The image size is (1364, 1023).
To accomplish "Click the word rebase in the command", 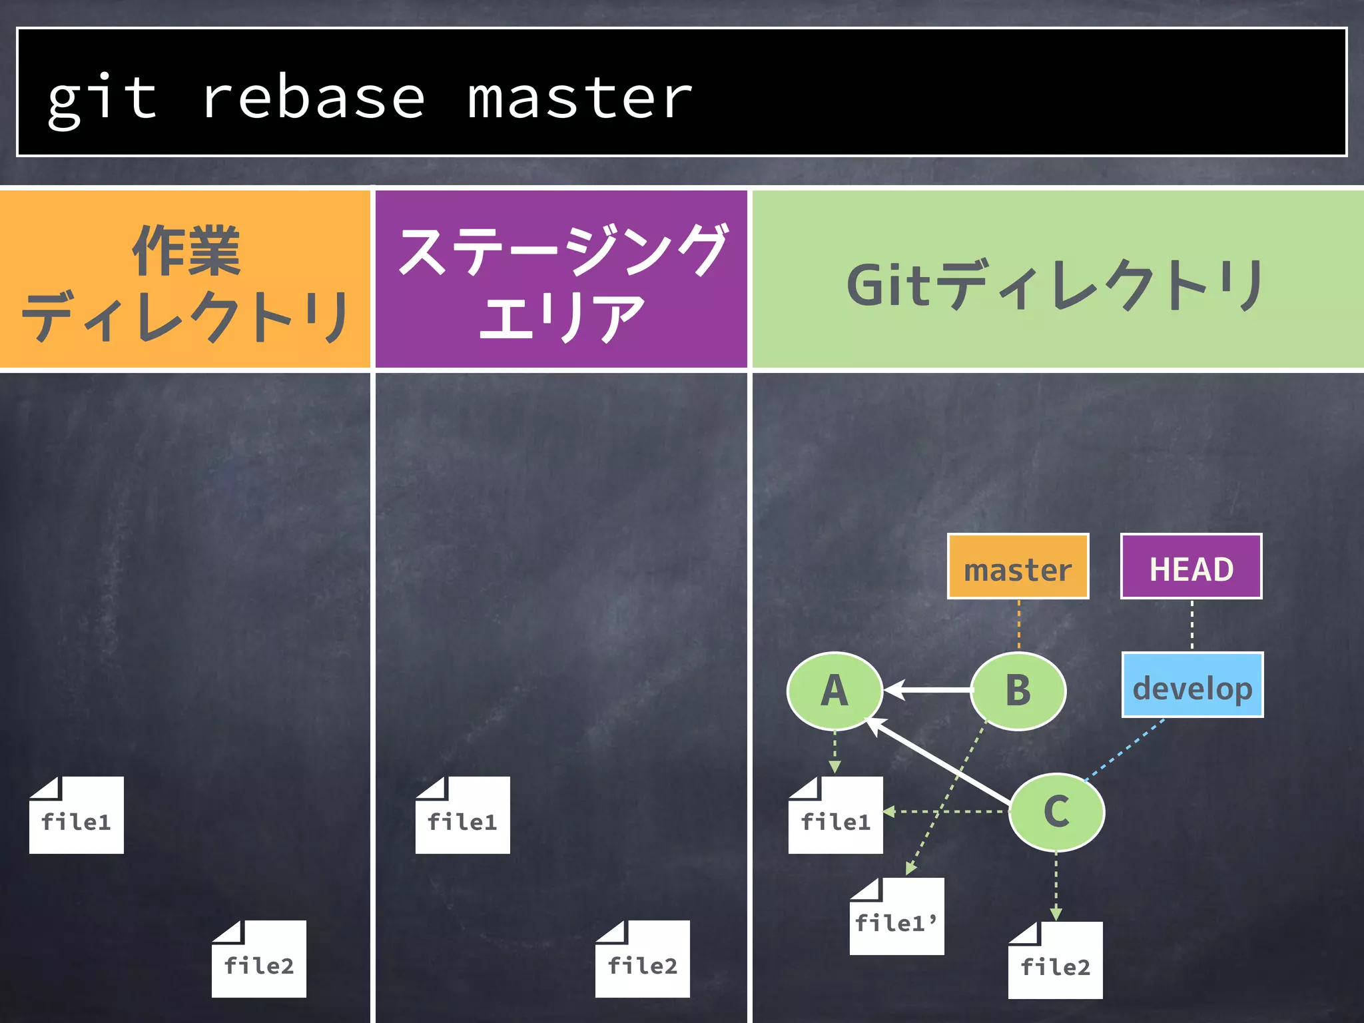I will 313,99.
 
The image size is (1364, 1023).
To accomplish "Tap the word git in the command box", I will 102,99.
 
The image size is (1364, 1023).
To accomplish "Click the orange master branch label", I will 1018,567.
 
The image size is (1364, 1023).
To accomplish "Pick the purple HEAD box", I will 1191,567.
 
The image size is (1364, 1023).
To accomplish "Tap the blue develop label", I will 1192,685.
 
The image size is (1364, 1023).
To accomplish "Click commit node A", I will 835,691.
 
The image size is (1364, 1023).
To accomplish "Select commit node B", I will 1018,691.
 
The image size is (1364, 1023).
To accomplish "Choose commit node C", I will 1056,812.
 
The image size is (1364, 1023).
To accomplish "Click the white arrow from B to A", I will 929,691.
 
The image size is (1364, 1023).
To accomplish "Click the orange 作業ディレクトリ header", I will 184,280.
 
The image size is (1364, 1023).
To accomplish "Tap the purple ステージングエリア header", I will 561,280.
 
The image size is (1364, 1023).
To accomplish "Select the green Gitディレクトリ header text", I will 1056,285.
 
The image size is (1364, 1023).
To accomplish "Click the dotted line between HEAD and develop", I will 1192,625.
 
